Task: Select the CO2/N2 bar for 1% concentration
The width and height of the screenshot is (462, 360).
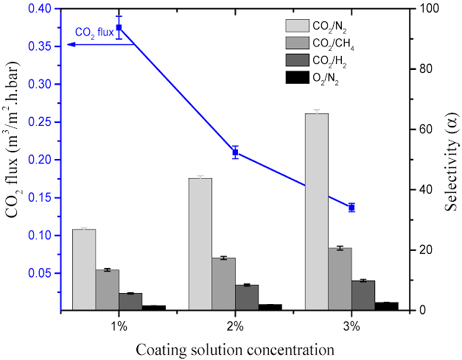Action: (84, 269)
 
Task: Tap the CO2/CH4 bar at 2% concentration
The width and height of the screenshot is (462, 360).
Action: (223, 284)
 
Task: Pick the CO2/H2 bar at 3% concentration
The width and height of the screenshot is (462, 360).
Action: (363, 295)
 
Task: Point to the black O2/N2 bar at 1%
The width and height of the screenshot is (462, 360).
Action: (154, 308)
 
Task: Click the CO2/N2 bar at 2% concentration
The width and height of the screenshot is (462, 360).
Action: (200, 244)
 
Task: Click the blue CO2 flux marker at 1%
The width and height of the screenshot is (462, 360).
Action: (119, 28)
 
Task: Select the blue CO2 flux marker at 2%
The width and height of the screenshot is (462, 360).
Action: (236, 152)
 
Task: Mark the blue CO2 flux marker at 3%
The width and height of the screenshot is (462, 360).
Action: (351, 208)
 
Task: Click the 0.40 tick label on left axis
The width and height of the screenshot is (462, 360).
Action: (43, 9)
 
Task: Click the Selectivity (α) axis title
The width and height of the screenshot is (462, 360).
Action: (450, 160)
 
